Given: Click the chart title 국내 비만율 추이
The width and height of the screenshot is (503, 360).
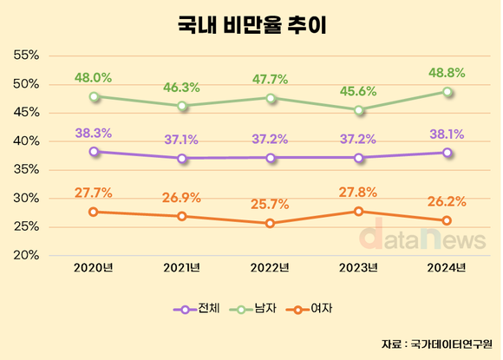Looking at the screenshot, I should click(251, 23).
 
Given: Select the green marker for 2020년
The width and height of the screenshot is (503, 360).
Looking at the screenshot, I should click(94, 96).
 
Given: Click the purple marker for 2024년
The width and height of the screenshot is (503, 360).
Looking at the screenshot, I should click(447, 153).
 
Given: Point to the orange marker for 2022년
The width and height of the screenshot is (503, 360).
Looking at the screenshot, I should click(271, 223).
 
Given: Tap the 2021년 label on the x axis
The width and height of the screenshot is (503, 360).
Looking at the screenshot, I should click(182, 266).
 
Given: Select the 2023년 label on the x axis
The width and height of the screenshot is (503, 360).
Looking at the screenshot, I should click(358, 266).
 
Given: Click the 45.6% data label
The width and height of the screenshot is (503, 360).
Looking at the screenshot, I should click(358, 93).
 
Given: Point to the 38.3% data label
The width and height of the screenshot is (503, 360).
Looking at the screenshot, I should click(94, 134).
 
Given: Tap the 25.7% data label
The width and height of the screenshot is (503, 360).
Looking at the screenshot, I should click(271, 206).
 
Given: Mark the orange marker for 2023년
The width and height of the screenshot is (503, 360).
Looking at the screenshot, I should click(358, 212).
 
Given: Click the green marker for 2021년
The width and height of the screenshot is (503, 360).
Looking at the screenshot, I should click(182, 106).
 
